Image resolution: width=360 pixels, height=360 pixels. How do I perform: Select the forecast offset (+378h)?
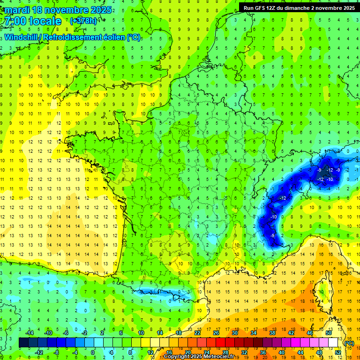83,21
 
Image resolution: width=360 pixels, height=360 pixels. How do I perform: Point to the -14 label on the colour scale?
29,333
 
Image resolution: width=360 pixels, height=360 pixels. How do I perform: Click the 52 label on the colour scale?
338,352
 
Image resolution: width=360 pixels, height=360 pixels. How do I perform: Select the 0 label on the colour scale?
93,352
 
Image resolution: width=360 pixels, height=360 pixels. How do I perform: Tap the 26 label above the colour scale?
216,333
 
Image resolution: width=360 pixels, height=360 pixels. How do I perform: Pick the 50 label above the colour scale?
329,333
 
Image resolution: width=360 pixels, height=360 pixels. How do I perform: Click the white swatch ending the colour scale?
333,343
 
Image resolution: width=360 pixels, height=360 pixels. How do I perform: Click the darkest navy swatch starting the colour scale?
23,343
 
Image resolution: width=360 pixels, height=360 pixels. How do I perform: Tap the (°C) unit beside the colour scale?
349,343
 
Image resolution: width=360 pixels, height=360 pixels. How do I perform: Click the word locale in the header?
45,21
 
